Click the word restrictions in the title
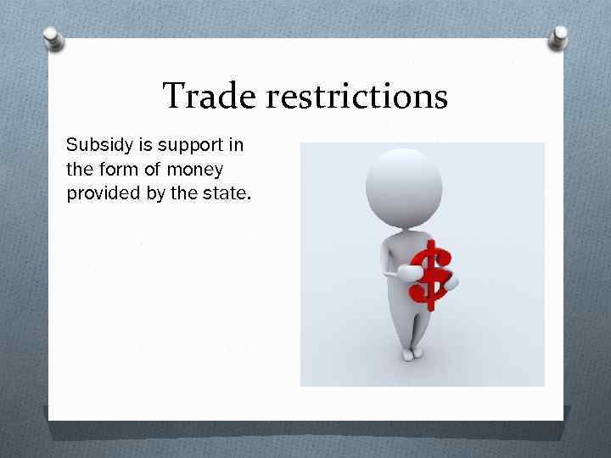click(x=356, y=96)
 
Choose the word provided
click(x=101, y=193)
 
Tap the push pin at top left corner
click(x=53, y=37)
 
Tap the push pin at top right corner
click(x=560, y=36)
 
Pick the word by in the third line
click(x=155, y=193)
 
